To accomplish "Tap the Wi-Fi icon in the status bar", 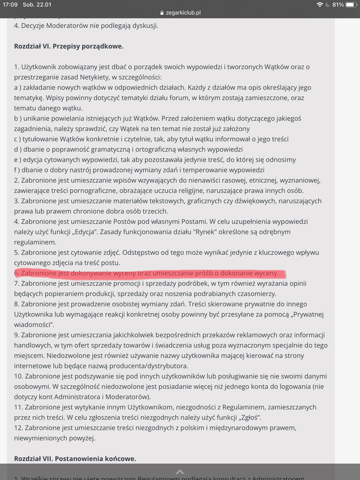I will pyautogui.click(x=319, y=5).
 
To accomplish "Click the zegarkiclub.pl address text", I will pyautogui.click(x=183, y=12).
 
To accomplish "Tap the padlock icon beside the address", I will pyautogui.click(x=162, y=12).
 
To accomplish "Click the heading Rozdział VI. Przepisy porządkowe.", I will pyautogui.click(x=69, y=46).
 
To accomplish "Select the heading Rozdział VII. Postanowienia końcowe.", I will pyautogui.click(x=75, y=458).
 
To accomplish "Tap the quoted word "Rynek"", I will pyautogui.click(x=216, y=232).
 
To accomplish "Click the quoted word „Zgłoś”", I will pyautogui.click(x=250, y=418).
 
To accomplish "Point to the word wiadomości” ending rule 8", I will pyautogui.click(x=34, y=324).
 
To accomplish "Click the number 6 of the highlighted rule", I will pyautogui.click(x=16, y=273).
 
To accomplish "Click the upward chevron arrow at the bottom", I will pyautogui.click(x=180, y=472).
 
